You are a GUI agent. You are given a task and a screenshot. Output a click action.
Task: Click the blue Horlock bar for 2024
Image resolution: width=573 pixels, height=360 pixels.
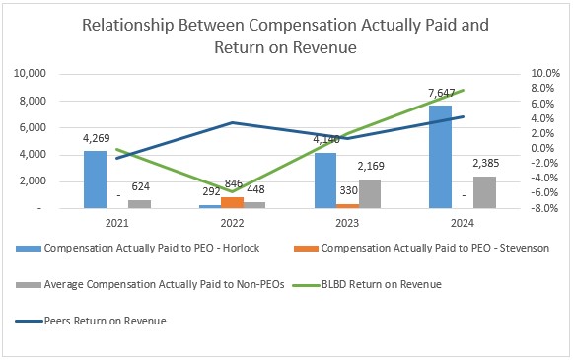pyautogui.click(x=440, y=157)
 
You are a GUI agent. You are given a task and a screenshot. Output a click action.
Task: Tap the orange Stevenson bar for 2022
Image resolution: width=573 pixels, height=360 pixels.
pyautogui.click(x=233, y=202)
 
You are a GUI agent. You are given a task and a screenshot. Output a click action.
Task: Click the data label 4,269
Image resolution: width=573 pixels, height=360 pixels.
pyautogui.click(x=96, y=140)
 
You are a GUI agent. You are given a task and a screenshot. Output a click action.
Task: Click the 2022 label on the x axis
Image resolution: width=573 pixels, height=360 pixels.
pyautogui.click(x=233, y=223)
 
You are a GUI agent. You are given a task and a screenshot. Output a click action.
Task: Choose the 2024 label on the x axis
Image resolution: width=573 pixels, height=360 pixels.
pyautogui.click(x=463, y=223)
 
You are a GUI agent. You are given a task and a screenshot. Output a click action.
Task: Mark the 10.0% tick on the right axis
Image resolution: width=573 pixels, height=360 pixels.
pyautogui.click(x=545, y=74)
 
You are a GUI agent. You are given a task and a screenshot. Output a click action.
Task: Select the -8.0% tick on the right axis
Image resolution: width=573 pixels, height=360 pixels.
pyautogui.click(x=545, y=208)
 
